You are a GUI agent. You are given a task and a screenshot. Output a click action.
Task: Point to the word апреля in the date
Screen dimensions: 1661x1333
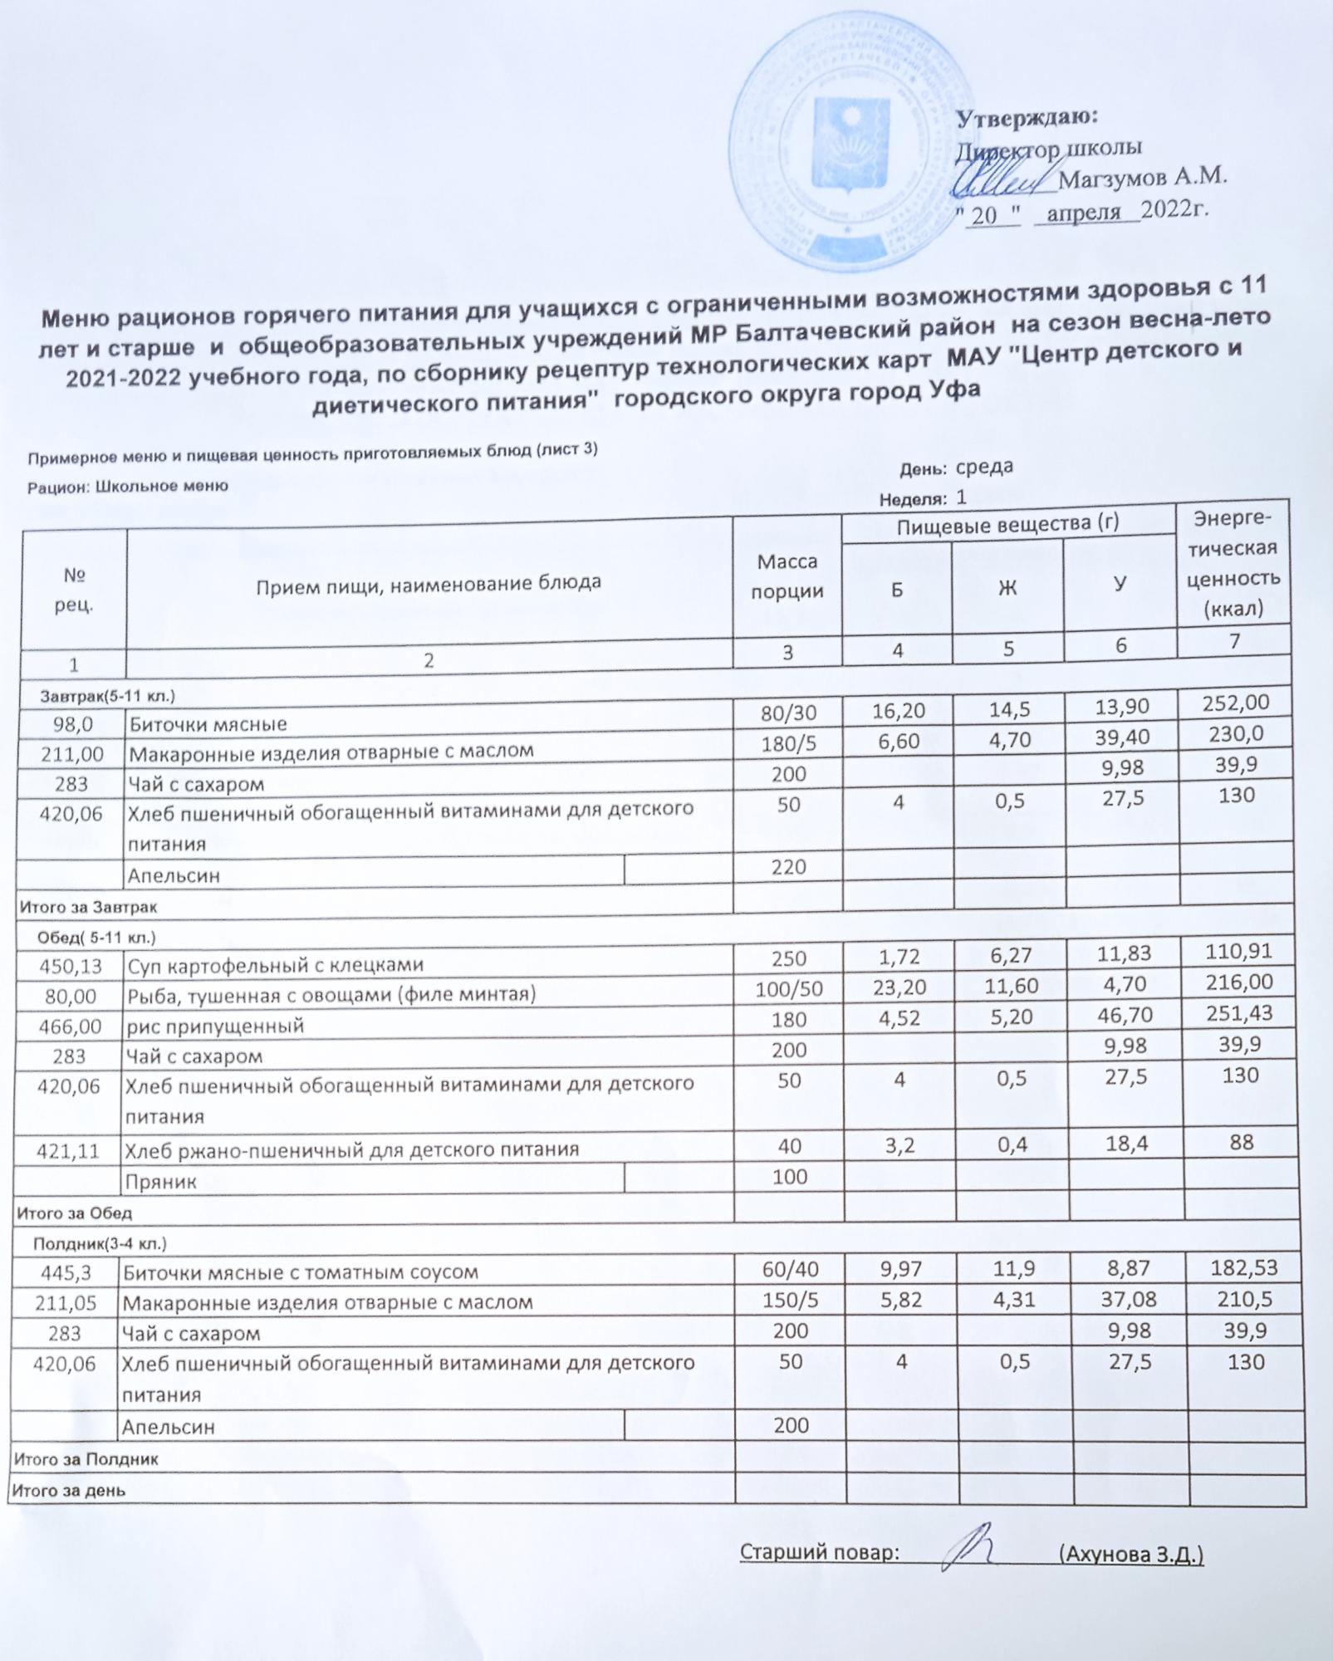[1083, 213]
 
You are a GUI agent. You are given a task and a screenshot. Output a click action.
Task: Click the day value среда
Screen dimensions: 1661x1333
[984, 467]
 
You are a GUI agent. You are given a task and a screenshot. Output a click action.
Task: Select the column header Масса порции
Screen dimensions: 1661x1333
[787, 577]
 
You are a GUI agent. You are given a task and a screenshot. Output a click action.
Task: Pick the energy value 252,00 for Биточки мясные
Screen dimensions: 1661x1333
[1236, 703]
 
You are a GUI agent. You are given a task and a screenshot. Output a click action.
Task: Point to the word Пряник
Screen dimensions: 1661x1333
[161, 1182]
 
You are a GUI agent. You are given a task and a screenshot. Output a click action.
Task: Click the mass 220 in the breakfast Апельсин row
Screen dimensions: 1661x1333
[787, 867]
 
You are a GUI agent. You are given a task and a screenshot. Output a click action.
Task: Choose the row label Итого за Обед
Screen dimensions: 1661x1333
[75, 1213]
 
